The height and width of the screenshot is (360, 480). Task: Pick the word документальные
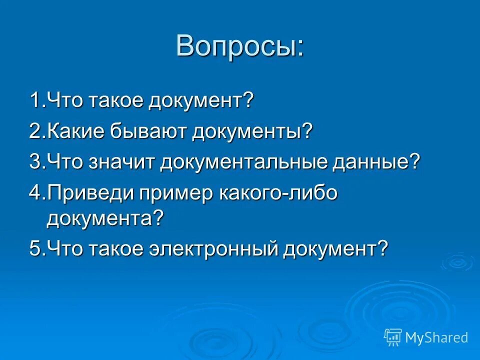[243, 163]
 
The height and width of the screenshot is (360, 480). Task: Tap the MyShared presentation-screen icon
[393, 337]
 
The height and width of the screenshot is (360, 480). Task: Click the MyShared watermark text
[436, 337]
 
